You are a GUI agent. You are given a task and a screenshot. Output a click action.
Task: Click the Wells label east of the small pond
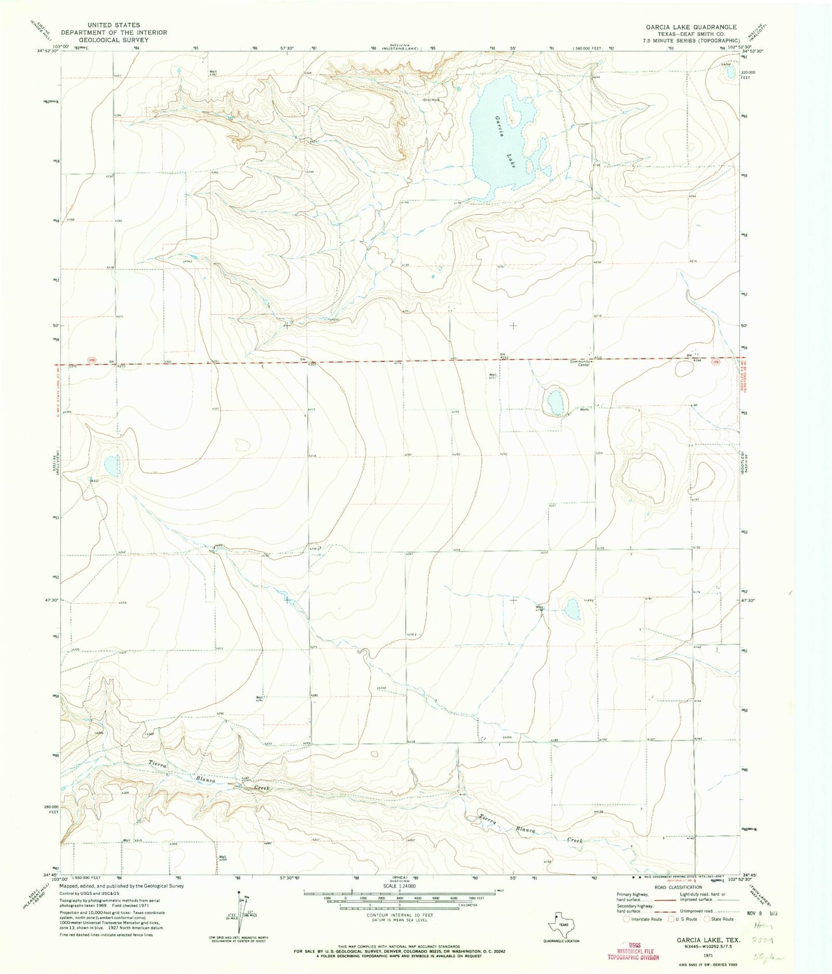pyautogui.click(x=584, y=410)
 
